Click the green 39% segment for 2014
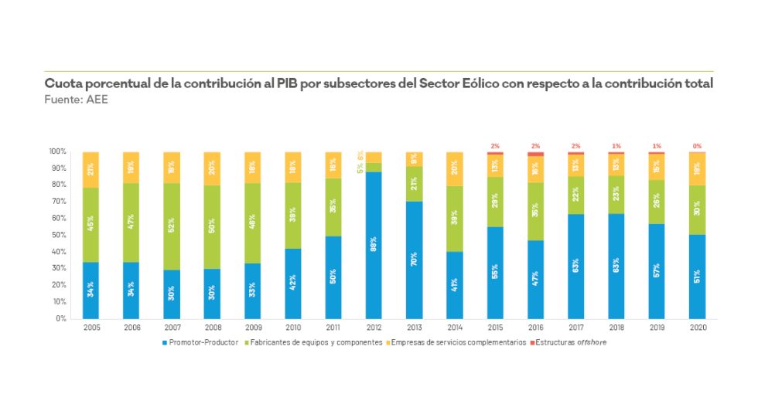click(455, 219)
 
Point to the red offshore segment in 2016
click(535, 154)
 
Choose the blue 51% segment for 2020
click(697, 276)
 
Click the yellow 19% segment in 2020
click(697, 168)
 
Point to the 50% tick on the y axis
click(60, 235)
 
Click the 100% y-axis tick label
click(58, 151)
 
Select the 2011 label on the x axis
click(333, 328)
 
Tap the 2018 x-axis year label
click(616, 328)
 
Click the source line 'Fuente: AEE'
click(77, 100)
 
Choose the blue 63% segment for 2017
click(576, 266)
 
